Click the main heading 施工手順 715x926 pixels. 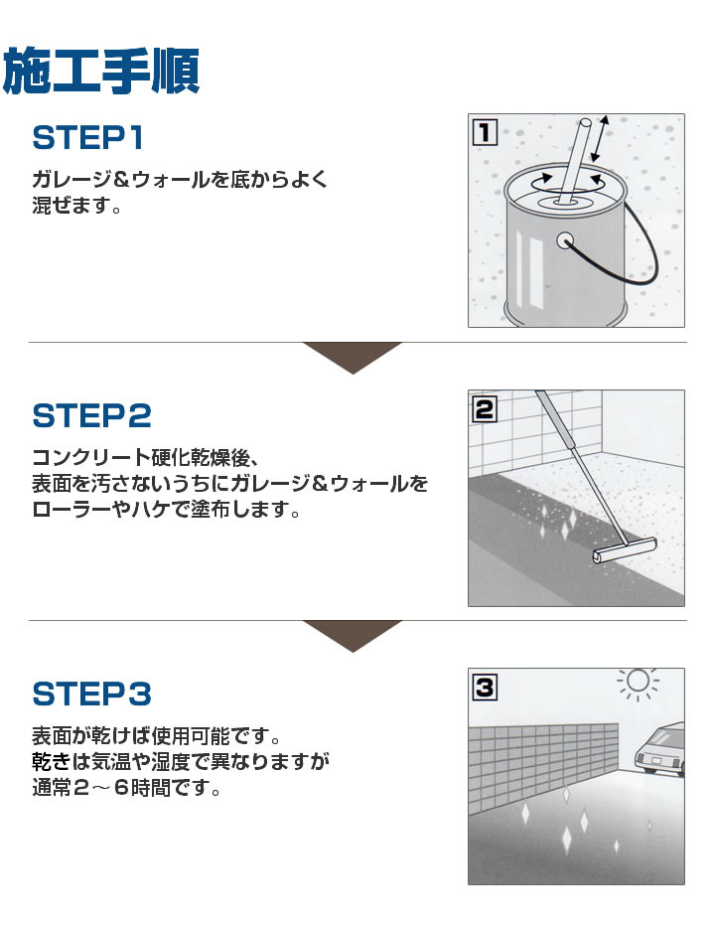102,72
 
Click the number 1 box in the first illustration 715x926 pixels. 484,130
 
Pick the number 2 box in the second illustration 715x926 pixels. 484,407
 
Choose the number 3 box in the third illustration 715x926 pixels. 484,685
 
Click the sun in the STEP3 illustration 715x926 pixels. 639,682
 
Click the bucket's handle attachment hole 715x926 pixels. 566,239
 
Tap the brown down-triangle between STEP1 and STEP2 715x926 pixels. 352,357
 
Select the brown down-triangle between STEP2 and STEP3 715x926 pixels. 352,635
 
